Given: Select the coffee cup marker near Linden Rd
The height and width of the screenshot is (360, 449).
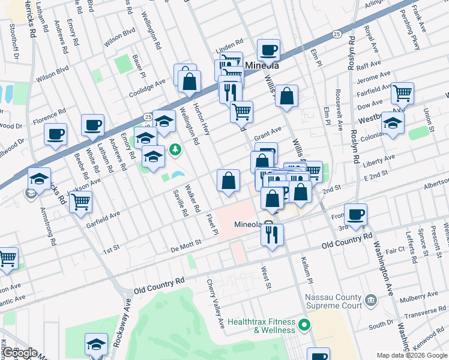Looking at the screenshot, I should coord(268,50).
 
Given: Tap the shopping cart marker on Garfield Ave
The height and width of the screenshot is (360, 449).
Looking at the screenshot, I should coord(80,202).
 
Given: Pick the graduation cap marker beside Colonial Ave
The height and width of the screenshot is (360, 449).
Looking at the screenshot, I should coord(393,123).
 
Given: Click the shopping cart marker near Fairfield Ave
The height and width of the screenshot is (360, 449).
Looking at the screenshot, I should coord(402,93).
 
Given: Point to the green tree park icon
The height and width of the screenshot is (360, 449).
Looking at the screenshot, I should coord(175,149).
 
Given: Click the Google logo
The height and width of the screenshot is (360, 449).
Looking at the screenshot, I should coord(19,353).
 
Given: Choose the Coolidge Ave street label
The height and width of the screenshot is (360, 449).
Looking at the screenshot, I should coord(147,86).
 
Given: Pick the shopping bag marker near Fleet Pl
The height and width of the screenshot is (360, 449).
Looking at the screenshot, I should coord(228,181).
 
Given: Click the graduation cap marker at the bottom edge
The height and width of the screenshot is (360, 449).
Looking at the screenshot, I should coord(96,345).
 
